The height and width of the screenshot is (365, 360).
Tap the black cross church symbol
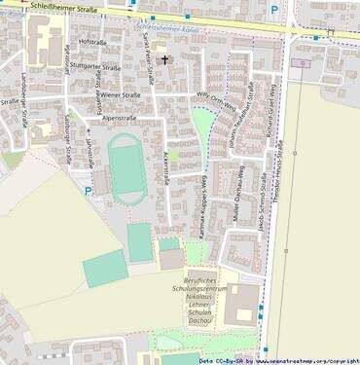click(164, 60)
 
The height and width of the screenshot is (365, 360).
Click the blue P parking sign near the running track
click(89, 192)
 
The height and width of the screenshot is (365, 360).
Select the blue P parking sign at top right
click(273, 11)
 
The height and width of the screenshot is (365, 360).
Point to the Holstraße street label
click(91, 43)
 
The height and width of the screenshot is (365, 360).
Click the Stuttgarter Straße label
click(96, 68)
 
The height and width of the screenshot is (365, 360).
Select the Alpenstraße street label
click(112, 117)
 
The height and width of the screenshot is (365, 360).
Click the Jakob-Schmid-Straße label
click(262, 204)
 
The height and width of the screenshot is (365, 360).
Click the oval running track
click(126, 167)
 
